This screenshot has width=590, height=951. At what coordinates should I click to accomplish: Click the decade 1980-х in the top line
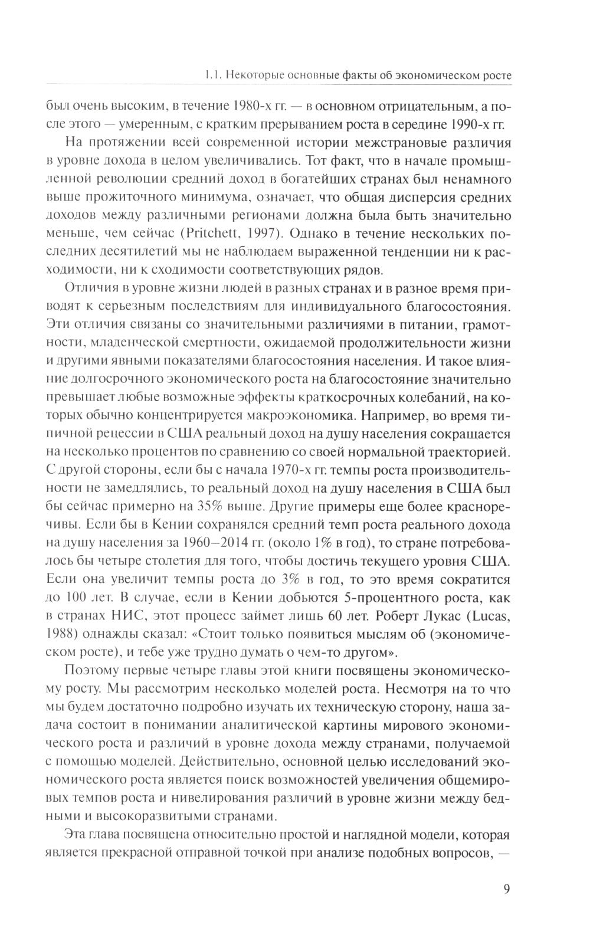coord(255,107)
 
